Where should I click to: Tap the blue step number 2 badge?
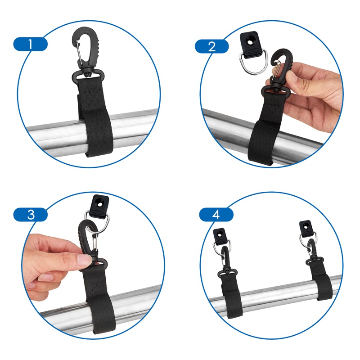(x=212, y=46)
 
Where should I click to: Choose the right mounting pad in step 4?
(x=306, y=227)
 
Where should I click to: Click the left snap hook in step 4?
(x=223, y=265)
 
